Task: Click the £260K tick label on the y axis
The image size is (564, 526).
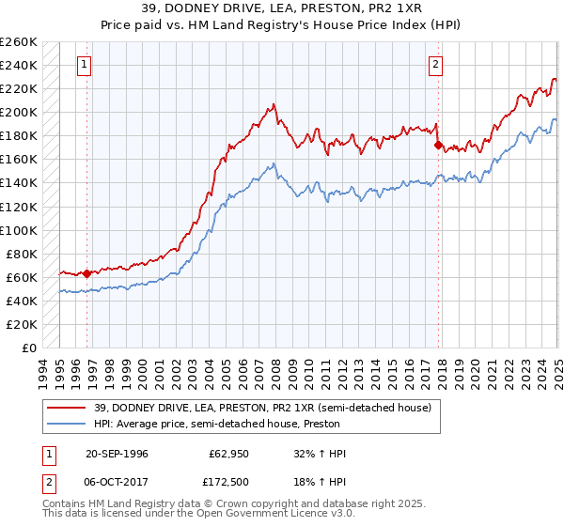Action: [x=19, y=42]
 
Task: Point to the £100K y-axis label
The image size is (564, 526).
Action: [x=19, y=230]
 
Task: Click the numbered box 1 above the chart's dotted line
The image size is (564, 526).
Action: [x=85, y=65]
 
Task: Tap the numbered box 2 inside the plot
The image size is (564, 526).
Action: [x=437, y=65]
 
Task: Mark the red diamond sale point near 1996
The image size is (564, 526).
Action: [x=87, y=274]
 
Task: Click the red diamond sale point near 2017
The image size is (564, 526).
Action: [x=438, y=146]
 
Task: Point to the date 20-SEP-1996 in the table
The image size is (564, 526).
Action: [x=117, y=454]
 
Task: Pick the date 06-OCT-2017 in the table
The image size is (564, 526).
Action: [x=117, y=480]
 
